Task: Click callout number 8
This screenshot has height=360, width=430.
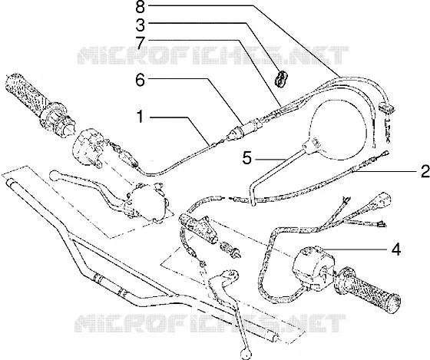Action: (140, 7)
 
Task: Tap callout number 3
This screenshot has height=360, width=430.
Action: (140, 25)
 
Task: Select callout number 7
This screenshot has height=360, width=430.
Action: (141, 43)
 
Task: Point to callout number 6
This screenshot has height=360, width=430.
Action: (140, 81)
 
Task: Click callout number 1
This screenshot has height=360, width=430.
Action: (141, 117)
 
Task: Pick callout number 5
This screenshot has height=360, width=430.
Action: (247, 158)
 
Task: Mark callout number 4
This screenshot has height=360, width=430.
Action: (395, 249)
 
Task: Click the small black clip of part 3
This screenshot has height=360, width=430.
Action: (281, 79)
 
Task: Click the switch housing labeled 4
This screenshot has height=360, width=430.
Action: (313, 267)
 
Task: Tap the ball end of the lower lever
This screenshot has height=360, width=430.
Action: (244, 353)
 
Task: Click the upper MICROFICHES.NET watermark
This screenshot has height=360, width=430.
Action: (213, 55)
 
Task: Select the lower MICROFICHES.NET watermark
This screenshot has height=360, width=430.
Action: (210, 323)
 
